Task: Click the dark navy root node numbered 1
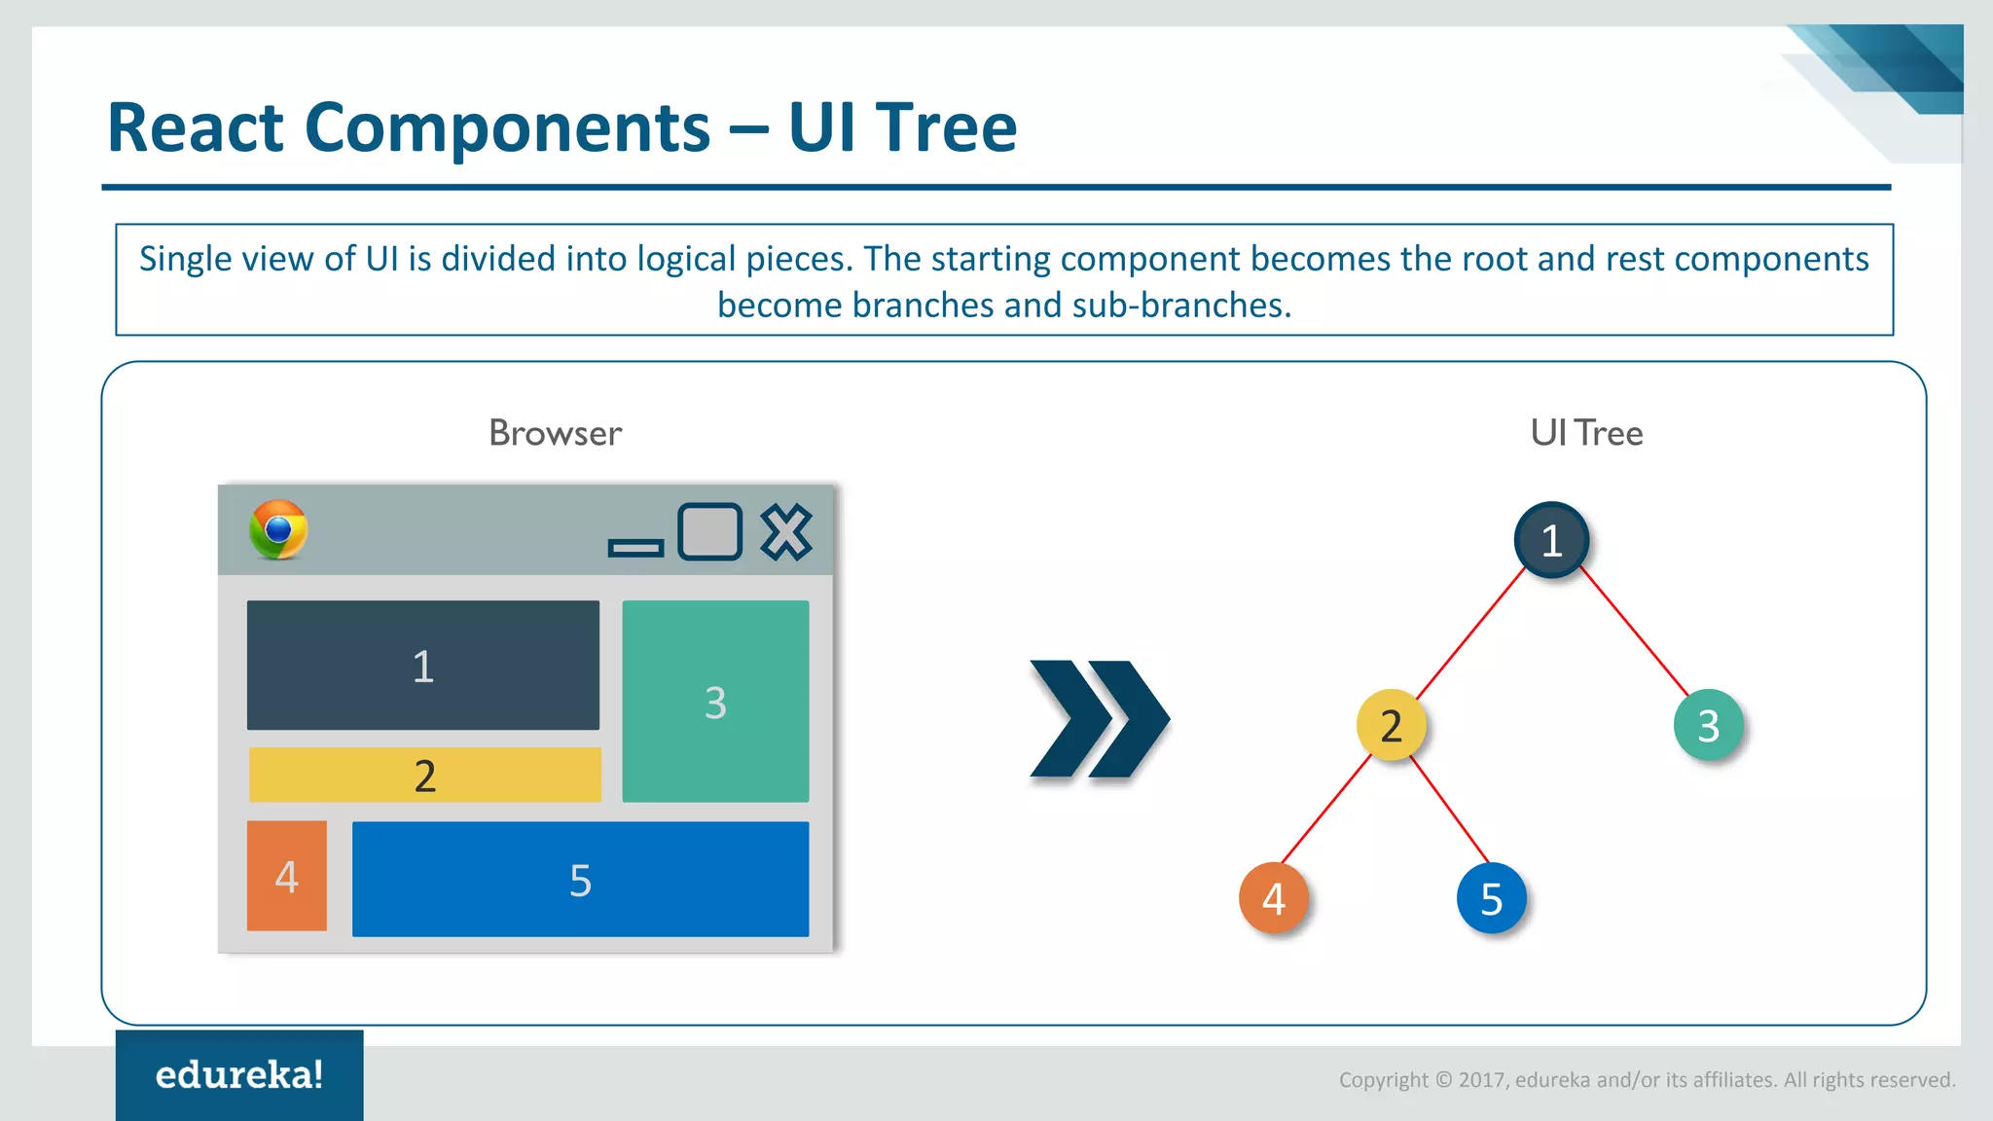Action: coord(1551,539)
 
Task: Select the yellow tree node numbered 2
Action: coord(1392,725)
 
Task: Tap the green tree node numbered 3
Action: coord(1709,725)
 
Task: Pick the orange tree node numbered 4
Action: coord(1274,898)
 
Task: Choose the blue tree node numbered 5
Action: coord(1492,898)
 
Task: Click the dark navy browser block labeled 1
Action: coord(423,665)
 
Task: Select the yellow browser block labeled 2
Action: coord(425,775)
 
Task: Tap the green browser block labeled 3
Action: coord(715,701)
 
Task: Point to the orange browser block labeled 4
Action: coord(287,876)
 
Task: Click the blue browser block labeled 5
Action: coord(580,879)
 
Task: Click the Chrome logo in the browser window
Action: coord(278,530)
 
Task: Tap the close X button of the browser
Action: coord(786,531)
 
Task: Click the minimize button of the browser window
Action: coord(635,549)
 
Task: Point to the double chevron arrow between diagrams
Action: coord(1100,719)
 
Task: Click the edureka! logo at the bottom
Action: coord(239,1074)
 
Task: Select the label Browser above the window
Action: coord(555,433)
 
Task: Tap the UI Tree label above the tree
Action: coord(1586,433)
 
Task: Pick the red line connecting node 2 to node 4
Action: coord(1325,810)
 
